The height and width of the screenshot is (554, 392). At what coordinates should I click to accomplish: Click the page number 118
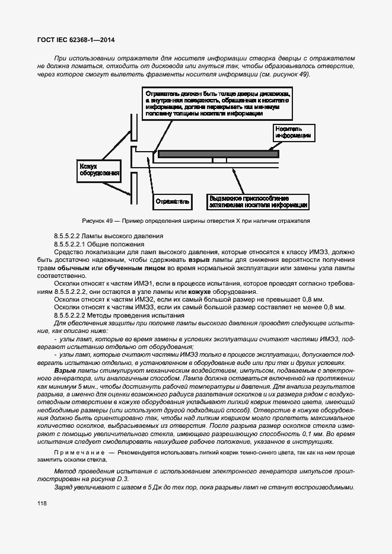(x=42, y=503)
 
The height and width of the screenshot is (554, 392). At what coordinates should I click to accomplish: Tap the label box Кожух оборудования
(x=96, y=171)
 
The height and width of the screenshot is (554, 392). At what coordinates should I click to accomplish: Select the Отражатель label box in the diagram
(x=173, y=201)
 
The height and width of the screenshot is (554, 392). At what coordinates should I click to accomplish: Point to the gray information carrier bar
(x=218, y=153)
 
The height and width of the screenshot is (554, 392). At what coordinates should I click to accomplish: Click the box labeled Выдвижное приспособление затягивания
(x=257, y=201)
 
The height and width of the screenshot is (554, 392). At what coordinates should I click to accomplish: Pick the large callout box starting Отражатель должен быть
(x=218, y=104)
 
